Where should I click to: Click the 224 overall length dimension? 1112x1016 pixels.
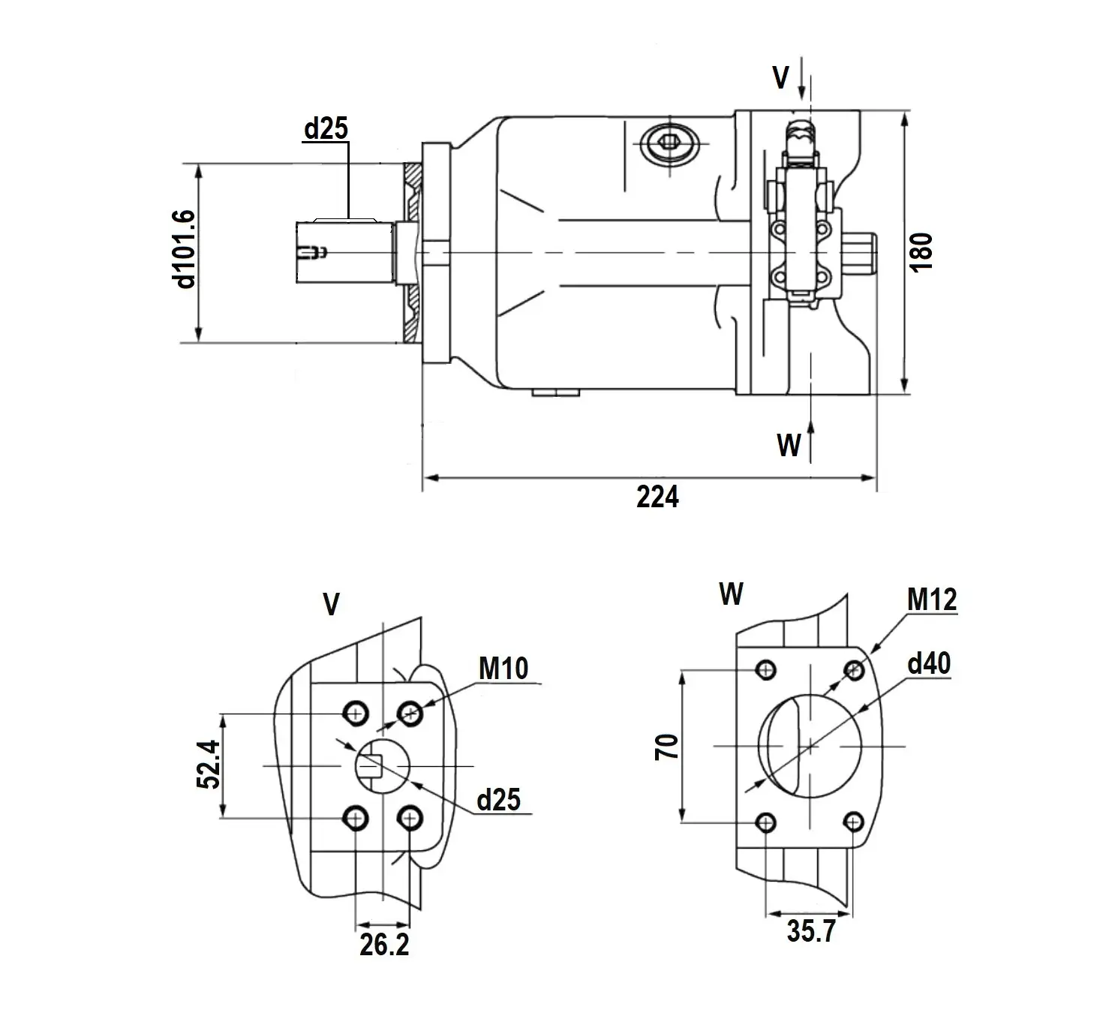pyautogui.click(x=657, y=497)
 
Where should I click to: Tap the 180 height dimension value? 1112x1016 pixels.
pyautogui.click(x=921, y=252)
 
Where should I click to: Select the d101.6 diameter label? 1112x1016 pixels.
pyautogui.click(x=185, y=250)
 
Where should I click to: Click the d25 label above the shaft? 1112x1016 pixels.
pyautogui.click(x=326, y=128)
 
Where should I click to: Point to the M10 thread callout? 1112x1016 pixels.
pyautogui.click(x=503, y=669)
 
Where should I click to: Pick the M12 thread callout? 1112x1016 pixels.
pyautogui.click(x=932, y=600)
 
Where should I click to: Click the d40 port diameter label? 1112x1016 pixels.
pyautogui.click(x=929, y=663)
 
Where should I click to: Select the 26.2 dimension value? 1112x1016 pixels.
pyautogui.click(x=384, y=945)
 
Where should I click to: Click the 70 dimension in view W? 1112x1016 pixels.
pyautogui.click(x=667, y=747)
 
